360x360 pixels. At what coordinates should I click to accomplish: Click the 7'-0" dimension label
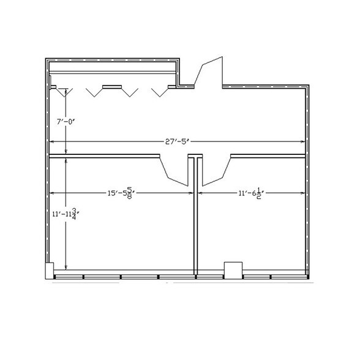coord(66,121)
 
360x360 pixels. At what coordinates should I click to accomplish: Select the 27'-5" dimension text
coord(177,141)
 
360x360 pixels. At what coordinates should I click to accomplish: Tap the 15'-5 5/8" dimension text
coord(121,193)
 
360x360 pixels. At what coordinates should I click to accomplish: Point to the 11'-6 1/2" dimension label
coord(251,193)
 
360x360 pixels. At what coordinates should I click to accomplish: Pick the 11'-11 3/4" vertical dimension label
coord(66,214)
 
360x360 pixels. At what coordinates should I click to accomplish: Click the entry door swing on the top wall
coord(209,72)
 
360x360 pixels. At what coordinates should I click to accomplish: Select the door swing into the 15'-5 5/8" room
coord(174,170)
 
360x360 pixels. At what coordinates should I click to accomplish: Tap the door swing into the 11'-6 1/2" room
coord(216,170)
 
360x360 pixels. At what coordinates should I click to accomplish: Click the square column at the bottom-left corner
coord(50,271)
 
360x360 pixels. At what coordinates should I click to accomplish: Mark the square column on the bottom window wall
coord(233,271)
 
